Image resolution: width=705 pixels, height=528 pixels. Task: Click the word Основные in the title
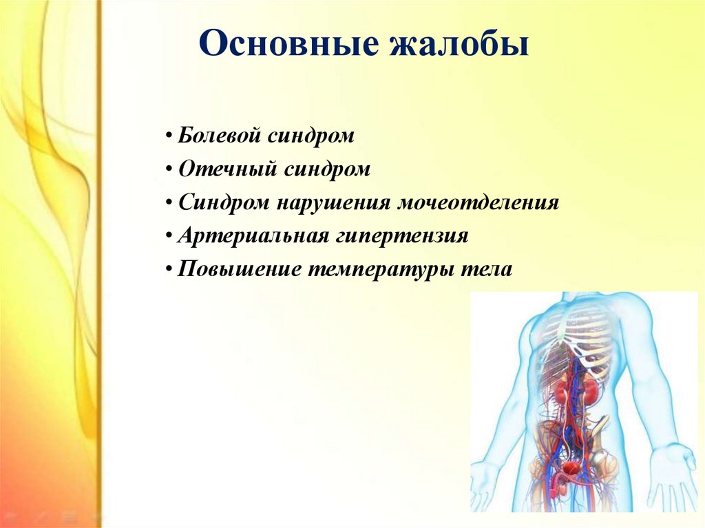(x=288, y=43)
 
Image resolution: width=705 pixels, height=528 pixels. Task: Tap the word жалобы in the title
(x=459, y=43)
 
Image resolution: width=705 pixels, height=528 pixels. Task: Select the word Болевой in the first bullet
(x=220, y=135)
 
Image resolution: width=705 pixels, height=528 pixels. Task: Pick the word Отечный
(x=227, y=169)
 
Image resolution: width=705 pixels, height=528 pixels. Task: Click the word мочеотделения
(x=478, y=203)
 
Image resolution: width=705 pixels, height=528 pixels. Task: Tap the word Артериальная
(x=253, y=235)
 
